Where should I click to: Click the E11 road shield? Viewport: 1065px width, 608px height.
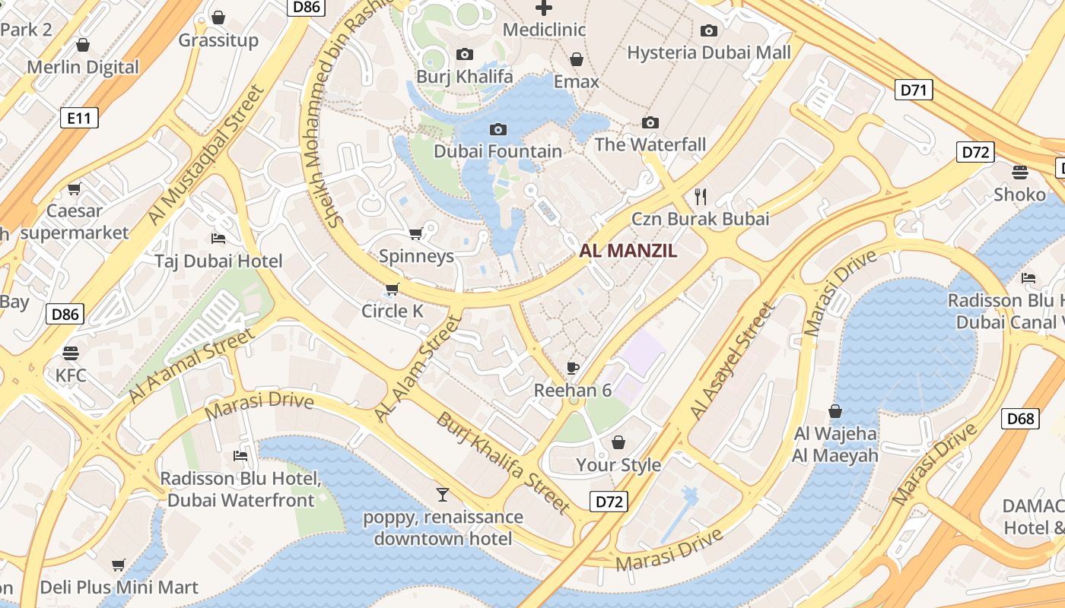click(79, 118)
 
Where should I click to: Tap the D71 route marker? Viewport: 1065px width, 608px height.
click(914, 90)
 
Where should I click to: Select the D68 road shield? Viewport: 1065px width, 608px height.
click(1020, 418)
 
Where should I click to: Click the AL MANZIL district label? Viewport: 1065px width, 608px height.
click(628, 251)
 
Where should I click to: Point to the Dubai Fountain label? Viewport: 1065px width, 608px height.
click(498, 151)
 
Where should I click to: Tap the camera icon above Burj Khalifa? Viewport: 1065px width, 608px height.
click(464, 54)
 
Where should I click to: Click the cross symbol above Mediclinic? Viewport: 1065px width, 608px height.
click(544, 8)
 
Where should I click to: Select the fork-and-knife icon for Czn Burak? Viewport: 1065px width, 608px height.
click(701, 197)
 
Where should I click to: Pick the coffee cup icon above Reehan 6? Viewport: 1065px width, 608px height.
click(573, 369)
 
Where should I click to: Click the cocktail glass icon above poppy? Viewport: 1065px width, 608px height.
click(443, 495)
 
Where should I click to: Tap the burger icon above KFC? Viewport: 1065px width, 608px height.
click(71, 353)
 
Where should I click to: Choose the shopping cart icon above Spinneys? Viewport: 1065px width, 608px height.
click(415, 233)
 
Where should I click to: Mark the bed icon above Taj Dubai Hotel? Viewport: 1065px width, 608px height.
click(218, 239)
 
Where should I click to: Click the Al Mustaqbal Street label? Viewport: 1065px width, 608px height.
click(206, 154)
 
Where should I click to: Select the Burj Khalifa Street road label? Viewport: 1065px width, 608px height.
click(503, 462)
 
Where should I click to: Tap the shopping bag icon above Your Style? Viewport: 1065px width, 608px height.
click(618, 442)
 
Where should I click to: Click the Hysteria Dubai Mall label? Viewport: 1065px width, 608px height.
click(708, 52)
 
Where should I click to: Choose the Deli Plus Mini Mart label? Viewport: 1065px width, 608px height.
click(119, 587)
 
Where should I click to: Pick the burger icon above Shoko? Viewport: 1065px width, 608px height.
click(1020, 172)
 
